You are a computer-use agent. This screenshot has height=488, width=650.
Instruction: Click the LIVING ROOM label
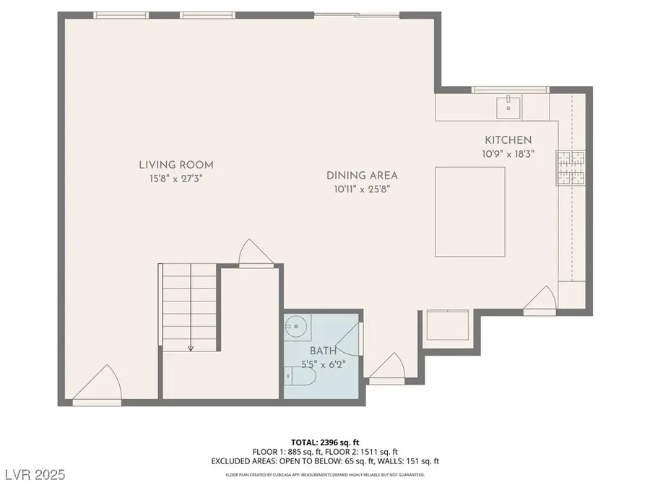click(177, 165)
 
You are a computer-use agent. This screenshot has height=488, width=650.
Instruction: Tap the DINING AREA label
click(362, 175)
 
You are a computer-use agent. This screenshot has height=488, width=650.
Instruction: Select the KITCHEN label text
click(508, 140)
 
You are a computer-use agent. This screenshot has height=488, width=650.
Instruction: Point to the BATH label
click(322, 351)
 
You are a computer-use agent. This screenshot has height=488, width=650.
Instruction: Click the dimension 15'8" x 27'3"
click(177, 178)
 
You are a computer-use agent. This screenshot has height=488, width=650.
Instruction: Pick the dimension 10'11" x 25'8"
click(362, 189)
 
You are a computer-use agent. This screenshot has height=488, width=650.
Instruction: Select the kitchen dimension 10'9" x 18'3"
click(508, 153)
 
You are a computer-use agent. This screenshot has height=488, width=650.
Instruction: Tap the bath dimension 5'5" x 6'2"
click(322, 364)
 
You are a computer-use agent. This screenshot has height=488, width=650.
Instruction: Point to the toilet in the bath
click(298, 376)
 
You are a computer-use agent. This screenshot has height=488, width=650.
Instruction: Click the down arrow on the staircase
click(191, 347)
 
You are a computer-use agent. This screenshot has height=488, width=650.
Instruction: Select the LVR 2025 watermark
click(34, 475)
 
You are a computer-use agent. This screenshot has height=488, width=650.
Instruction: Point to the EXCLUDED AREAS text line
click(325, 461)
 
